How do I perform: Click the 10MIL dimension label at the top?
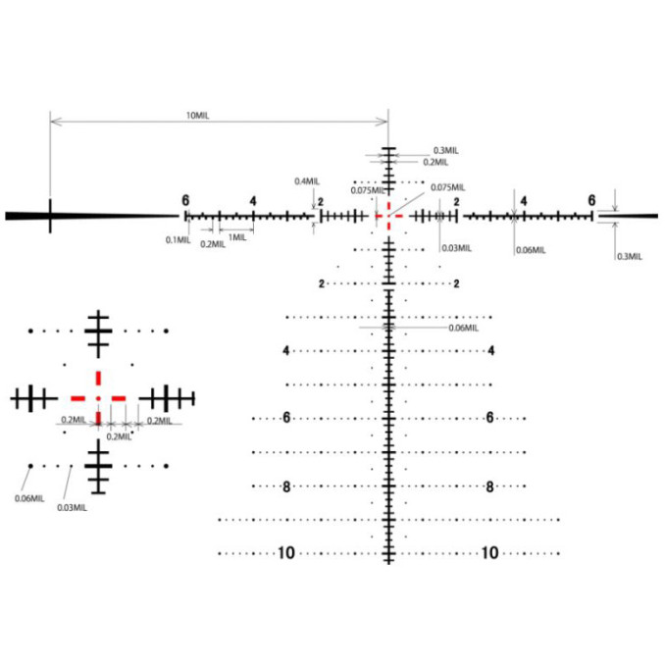197,116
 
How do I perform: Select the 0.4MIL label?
307,181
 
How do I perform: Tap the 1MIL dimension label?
237,237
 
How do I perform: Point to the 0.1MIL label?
179,240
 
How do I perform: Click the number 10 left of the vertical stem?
286,553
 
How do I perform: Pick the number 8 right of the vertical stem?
489,486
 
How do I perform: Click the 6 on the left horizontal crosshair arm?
185,200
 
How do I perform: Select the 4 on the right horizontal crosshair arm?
524,201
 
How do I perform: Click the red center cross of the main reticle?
389,216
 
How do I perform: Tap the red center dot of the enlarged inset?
98,398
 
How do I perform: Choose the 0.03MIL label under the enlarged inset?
73,508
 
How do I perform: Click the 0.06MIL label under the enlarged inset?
29,498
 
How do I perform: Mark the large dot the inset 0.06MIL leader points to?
30,466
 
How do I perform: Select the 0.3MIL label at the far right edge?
630,256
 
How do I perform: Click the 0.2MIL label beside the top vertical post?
435,162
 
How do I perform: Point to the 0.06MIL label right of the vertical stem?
464,328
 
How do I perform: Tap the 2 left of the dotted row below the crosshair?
322,283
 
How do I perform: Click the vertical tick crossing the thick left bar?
50,216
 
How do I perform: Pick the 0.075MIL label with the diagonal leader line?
448,187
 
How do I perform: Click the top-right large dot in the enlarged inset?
167,331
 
